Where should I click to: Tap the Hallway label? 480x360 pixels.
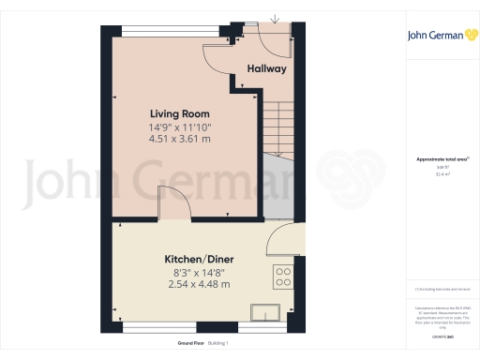266,69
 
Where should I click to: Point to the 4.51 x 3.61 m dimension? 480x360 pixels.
180,139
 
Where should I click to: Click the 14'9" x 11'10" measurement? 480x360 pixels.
180,127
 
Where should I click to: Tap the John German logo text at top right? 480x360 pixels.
433,37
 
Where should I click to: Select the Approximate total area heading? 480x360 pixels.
440,160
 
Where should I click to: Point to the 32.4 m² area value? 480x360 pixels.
442,174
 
